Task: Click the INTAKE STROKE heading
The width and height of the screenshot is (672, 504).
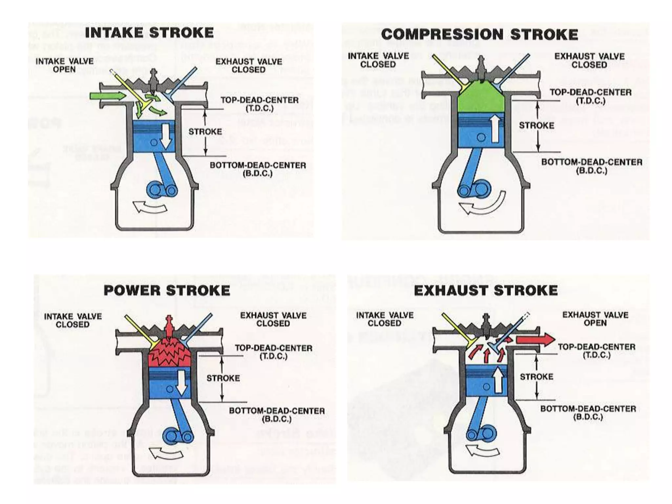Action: (x=149, y=33)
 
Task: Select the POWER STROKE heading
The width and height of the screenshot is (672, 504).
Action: (x=167, y=290)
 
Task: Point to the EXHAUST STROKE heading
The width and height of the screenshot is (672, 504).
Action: (x=486, y=290)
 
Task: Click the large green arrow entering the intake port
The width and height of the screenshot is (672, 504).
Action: (x=108, y=96)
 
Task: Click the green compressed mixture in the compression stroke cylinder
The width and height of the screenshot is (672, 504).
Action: (x=481, y=98)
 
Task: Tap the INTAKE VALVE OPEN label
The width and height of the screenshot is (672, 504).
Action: (x=64, y=65)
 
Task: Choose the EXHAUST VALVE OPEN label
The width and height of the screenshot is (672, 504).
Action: (x=595, y=319)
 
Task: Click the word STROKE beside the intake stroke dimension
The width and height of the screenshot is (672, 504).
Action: (x=205, y=132)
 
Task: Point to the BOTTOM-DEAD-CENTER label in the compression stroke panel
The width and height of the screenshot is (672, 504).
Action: (x=592, y=166)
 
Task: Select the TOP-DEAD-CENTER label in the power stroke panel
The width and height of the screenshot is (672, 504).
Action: (x=273, y=352)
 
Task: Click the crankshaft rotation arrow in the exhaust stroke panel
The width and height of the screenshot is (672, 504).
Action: (x=483, y=450)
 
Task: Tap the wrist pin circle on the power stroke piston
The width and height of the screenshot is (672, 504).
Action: (x=170, y=389)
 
